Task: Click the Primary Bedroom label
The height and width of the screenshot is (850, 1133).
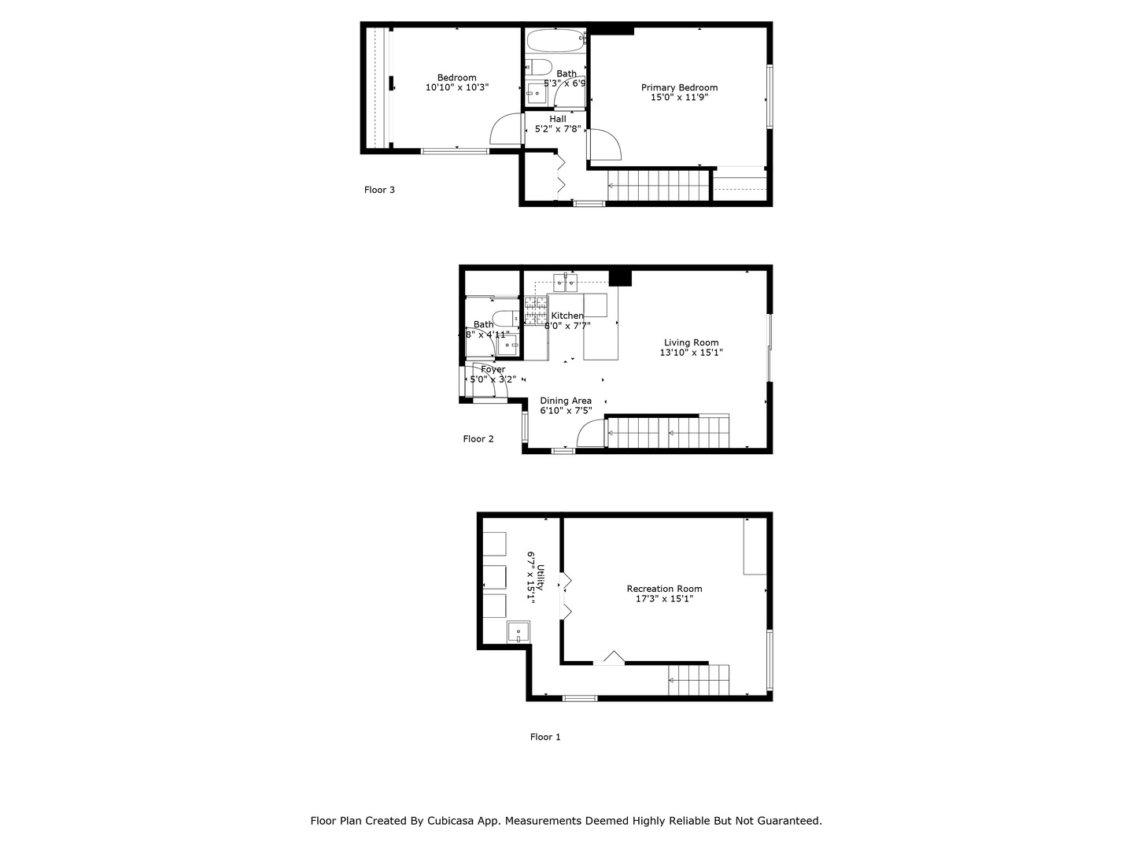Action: coord(679,87)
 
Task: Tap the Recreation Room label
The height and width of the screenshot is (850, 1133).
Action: coord(664,589)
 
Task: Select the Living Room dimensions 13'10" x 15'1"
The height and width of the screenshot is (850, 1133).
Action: coord(691,353)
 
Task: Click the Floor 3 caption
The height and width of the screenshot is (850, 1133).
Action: coord(379,190)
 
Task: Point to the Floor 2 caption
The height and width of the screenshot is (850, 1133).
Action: coord(478,439)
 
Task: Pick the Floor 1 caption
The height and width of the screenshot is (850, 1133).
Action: coord(545,737)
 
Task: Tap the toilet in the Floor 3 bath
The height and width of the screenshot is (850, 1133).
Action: coord(539,66)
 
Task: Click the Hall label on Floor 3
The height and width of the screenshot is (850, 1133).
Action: coord(558,119)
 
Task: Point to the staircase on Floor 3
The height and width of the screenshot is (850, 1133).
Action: coord(655,186)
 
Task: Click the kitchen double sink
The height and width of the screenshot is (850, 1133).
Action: coord(566,282)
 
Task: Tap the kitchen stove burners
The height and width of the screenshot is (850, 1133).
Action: coord(536,309)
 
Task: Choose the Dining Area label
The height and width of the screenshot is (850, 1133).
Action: coord(566,401)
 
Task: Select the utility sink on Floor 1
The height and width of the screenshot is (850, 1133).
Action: coord(519,632)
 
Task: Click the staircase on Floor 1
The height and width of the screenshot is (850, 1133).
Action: coord(698,680)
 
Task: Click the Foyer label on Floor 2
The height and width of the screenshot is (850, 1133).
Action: coord(493,369)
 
